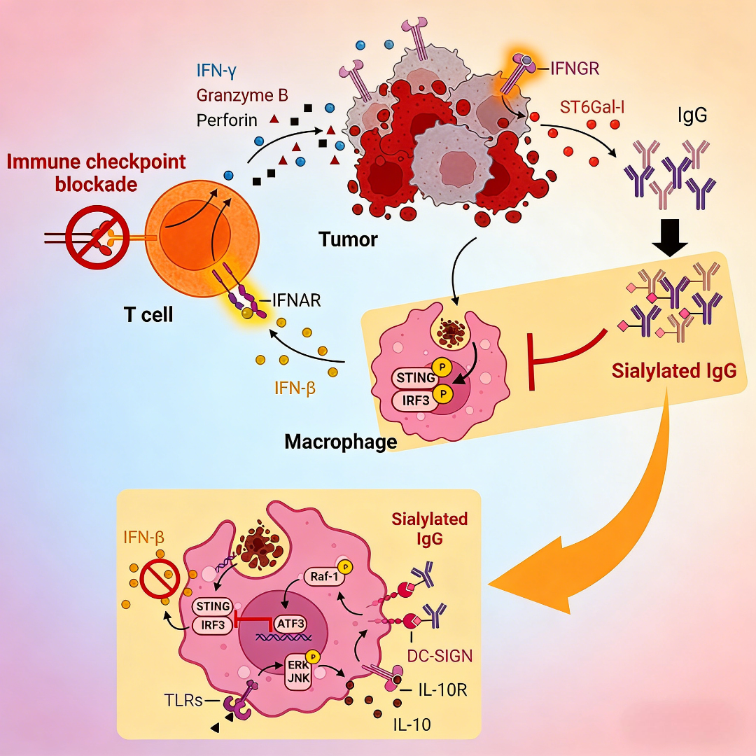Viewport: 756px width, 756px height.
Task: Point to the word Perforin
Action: pos(227,120)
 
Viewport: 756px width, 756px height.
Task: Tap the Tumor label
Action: pos(348,239)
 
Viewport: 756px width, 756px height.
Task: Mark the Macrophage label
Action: pos(340,442)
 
